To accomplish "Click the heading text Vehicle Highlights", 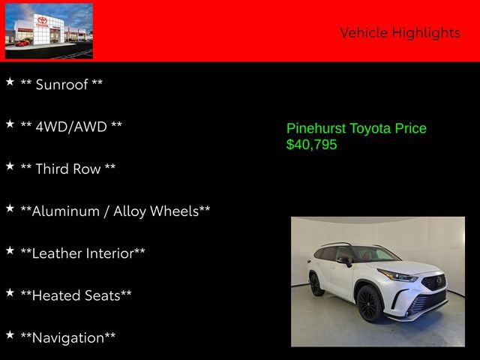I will click(x=400, y=32).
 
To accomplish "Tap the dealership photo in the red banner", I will click(x=49, y=31).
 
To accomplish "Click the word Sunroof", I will click(x=62, y=85).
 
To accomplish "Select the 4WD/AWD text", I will click(x=71, y=127).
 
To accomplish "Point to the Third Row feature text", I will click(x=68, y=169).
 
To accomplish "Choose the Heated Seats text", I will click(x=76, y=295).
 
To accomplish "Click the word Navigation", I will click(x=68, y=337).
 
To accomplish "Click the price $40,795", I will click(x=312, y=145).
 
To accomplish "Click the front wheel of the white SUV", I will click(x=368, y=304).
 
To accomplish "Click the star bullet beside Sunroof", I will click(x=10, y=81).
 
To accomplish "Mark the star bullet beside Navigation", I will click(x=10, y=334).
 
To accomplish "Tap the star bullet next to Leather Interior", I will click(x=10, y=249).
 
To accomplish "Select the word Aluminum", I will click(x=57, y=211).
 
